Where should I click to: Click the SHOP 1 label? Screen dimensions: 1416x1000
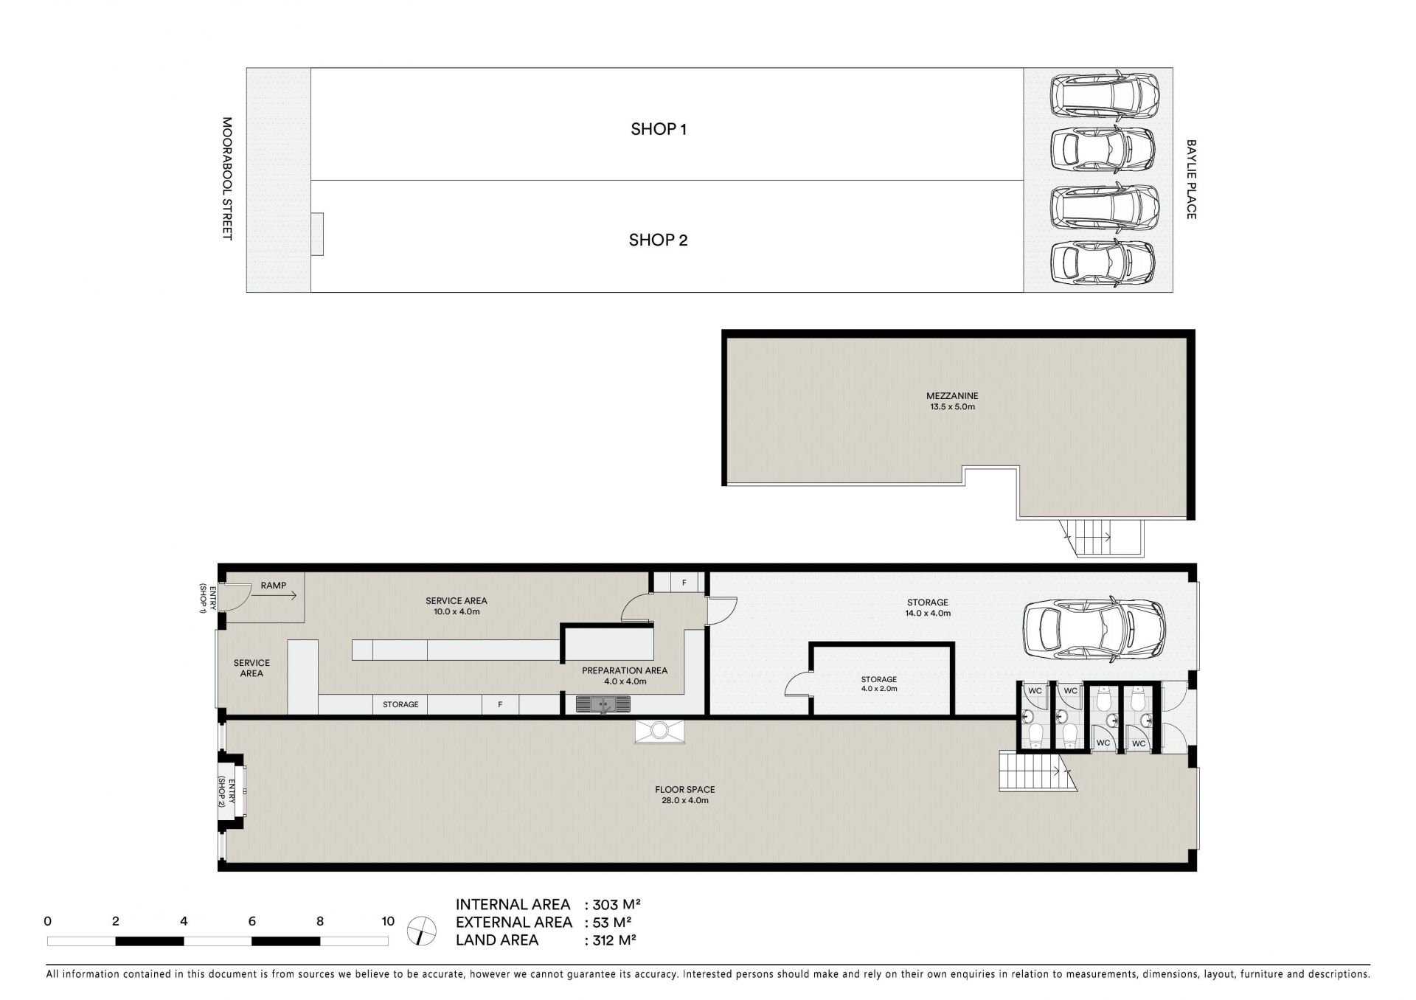(659, 129)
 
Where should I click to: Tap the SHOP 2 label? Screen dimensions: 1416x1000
(658, 240)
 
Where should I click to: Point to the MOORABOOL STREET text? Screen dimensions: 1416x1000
(227, 178)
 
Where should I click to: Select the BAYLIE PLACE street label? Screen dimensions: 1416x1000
(1191, 179)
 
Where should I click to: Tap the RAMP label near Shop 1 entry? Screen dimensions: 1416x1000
(274, 586)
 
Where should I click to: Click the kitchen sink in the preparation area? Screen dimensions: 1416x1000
(603, 704)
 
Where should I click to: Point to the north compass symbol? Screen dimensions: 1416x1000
(421, 930)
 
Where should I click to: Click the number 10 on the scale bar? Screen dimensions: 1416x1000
(388, 921)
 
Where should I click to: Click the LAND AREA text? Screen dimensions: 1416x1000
(497, 940)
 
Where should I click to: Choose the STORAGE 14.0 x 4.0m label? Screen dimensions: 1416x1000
(928, 608)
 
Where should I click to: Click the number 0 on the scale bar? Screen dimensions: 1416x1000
(48, 921)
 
